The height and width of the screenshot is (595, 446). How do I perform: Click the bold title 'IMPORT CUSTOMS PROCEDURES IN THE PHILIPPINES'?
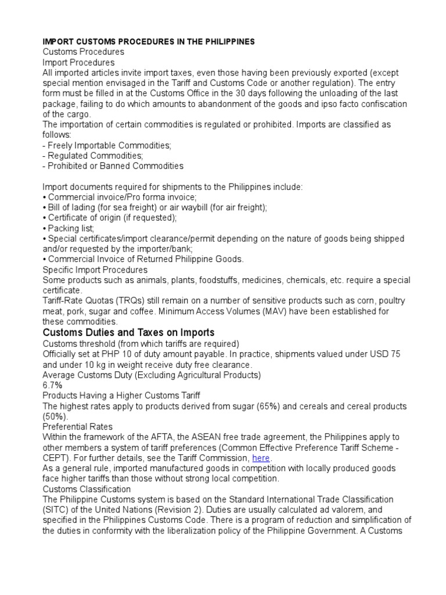tap(149, 42)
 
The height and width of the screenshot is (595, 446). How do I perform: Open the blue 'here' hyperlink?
tap(261, 458)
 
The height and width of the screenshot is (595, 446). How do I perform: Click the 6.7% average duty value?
tap(52, 385)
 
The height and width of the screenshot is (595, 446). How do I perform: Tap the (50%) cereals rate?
tap(56, 417)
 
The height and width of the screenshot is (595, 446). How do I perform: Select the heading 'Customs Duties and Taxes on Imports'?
tap(128, 332)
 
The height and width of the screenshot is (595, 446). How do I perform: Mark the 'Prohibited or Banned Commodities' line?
tap(116, 166)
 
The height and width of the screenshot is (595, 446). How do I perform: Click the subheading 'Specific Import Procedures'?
tap(95, 270)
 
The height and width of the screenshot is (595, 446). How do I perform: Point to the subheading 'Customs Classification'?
tap(87, 489)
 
